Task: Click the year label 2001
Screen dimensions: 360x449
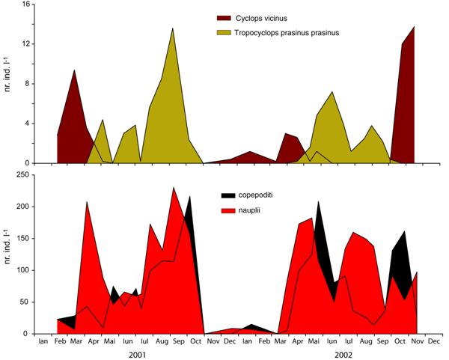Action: (x=138, y=354)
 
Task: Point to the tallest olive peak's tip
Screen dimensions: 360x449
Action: (x=173, y=28)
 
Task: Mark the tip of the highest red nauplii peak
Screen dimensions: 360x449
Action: (x=173, y=187)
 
